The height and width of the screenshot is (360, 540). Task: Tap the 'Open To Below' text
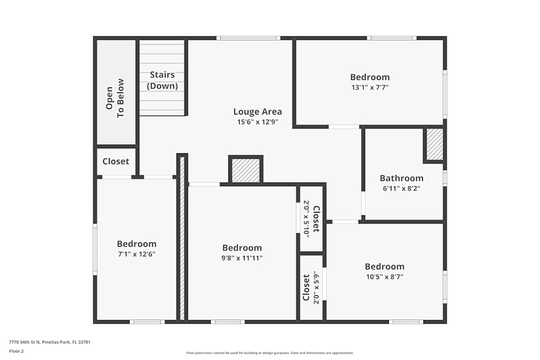(x=115, y=98)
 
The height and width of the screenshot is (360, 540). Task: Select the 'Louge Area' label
(x=257, y=112)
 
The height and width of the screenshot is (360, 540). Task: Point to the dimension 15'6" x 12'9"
(x=257, y=122)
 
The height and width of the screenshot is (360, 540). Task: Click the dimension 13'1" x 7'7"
(x=369, y=87)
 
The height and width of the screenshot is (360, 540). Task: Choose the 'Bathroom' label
(x=401, y=178)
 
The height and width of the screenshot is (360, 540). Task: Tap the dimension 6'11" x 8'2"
(x=401, y=188)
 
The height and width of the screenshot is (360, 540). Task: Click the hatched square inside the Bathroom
(x=434, y=144)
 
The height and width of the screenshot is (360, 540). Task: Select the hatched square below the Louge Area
(x=246, y=171)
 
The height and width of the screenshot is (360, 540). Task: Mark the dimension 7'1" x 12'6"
(x=137, y=254)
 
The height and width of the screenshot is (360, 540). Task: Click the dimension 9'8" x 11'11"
(x=242, y=257)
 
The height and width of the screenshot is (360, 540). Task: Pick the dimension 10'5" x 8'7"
(x=384, y=276)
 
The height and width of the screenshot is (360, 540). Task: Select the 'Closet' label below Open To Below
(x=116, y=161)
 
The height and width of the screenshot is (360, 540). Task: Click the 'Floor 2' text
(x=16, y=351)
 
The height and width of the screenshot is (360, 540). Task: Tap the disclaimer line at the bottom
(x=270, y=353)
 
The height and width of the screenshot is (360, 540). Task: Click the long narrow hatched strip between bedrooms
(x=183, y=237)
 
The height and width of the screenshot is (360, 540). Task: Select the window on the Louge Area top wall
(x=248, y=38)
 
